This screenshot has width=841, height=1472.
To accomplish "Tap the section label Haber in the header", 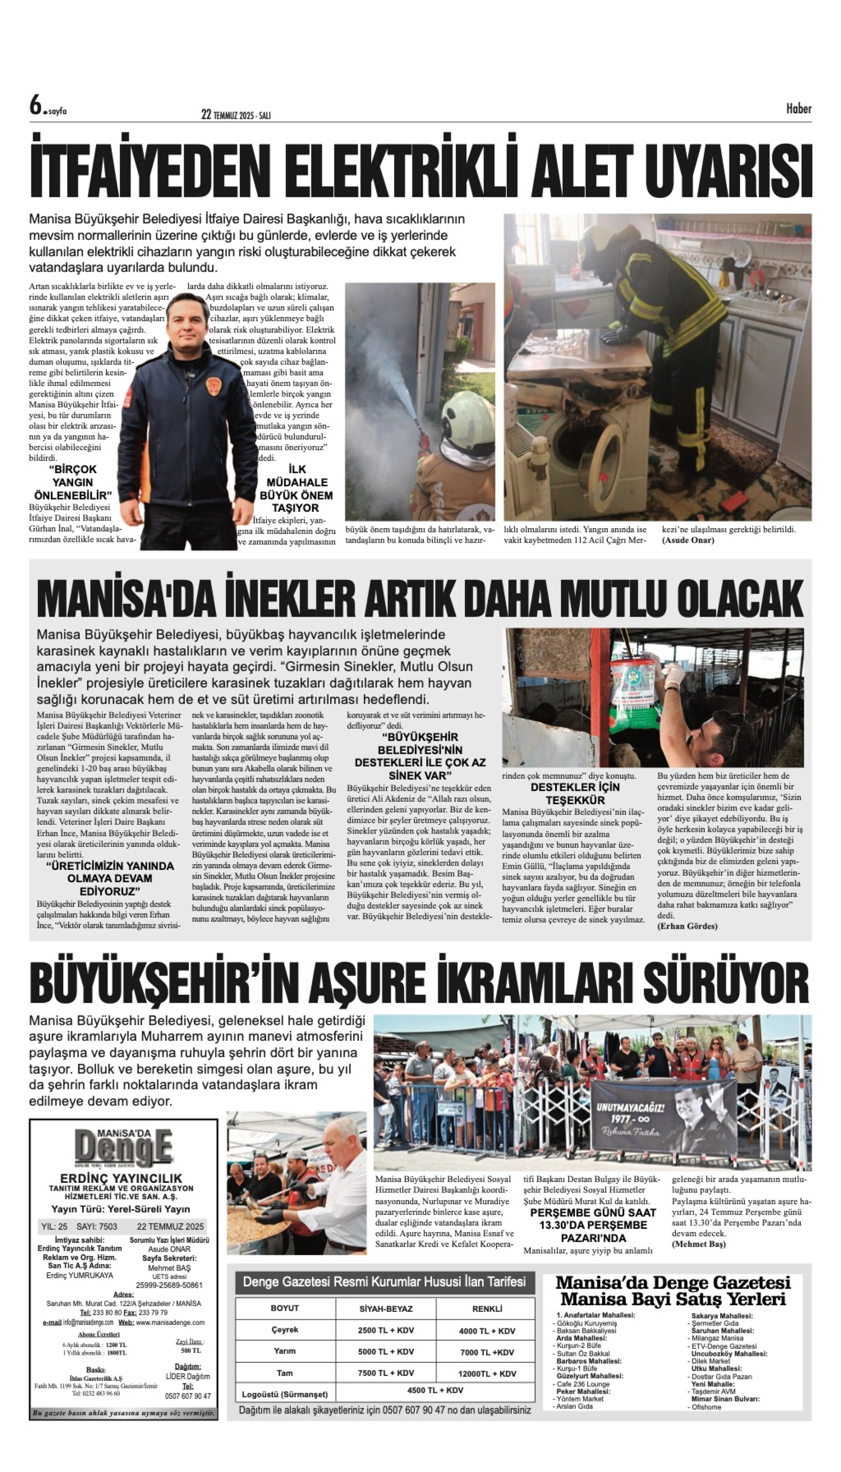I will [798, 108].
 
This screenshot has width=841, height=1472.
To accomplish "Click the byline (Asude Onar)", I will [688, 540].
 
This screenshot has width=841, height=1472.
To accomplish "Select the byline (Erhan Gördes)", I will [687, 926].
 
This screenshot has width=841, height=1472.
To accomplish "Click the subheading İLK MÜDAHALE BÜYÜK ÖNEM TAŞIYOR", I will [296, 489].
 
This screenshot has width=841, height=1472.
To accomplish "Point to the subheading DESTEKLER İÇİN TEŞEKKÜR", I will [575, 794].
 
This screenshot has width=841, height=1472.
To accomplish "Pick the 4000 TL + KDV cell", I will [486, 1331].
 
